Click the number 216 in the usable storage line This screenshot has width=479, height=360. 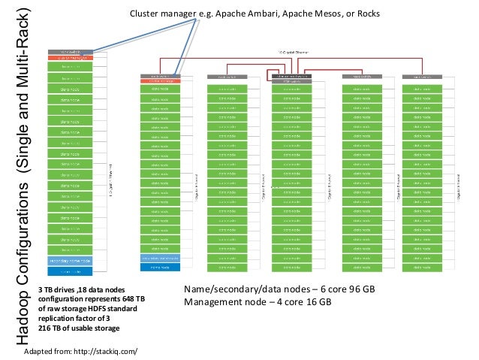click(45, 328)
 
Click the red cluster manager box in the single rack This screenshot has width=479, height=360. click(75, 57)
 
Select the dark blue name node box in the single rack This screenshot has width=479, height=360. click(75, 271)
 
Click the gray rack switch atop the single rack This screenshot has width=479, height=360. click(75, 51)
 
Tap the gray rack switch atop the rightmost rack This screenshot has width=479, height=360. click(420, 76)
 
